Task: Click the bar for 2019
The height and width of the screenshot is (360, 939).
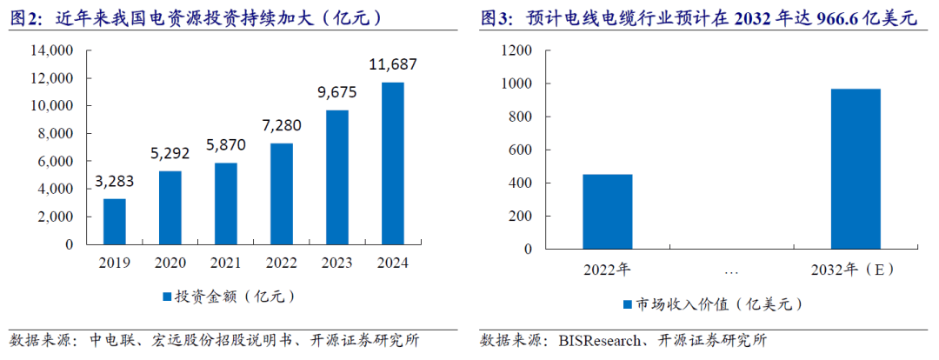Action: point(115,222)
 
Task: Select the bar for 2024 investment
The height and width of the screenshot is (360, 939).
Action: point(392,163)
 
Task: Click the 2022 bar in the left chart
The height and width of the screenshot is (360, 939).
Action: point(281,194)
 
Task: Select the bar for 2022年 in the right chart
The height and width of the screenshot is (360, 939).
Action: point(607,211)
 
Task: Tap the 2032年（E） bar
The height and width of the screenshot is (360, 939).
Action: point(856,169)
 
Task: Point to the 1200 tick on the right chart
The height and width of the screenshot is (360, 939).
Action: point(516,51)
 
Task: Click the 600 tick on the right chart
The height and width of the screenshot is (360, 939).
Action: point(519,150)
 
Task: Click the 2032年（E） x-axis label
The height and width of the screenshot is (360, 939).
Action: point(856,270)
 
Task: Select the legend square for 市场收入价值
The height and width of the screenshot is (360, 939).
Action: point(627,304)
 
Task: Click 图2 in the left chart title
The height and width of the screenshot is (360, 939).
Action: point(27,17)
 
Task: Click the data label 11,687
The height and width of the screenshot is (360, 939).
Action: point(393,64)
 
